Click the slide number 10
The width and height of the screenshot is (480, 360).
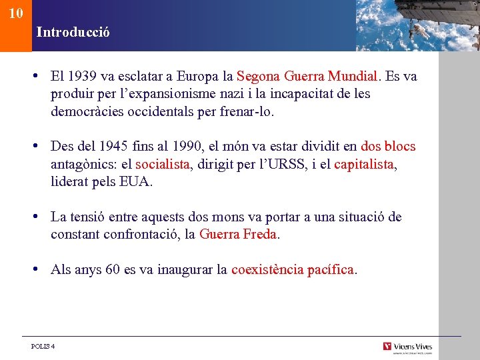[x=17, y=13]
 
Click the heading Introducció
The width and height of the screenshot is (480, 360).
[x=73, y=31]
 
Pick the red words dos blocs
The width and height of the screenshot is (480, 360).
[x=388, y=146]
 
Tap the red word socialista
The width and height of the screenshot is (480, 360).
[x=163, y=164]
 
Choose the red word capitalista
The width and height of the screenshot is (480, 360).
[x=365, y=164]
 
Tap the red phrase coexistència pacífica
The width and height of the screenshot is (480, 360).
[x=293, y=270]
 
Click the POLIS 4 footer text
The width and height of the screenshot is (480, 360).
[x=43, y=347]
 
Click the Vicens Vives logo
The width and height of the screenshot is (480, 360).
[x=407, y=347]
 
